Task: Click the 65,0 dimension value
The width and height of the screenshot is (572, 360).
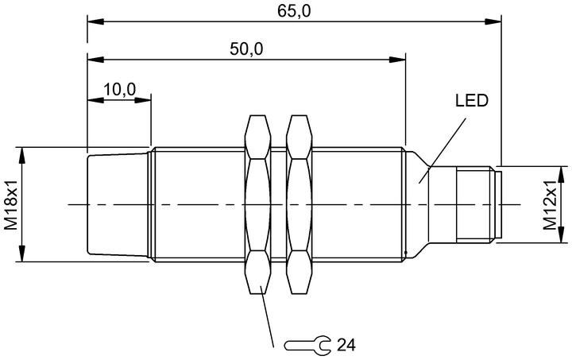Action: click(294, 11)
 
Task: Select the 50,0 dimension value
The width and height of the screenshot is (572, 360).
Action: click(246, 49)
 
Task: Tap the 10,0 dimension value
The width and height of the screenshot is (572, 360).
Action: click(120, 89)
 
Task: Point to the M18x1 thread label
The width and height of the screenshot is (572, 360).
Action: click(11, 204)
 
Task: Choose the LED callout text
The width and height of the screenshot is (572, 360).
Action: click(471, 101)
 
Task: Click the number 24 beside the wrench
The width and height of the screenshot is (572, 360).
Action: click(346, 345)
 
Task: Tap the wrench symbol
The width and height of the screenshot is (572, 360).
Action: click(307, 344)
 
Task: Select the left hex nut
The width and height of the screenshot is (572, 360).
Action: click(258, 204)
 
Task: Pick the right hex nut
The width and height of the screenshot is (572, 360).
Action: click(300, 204)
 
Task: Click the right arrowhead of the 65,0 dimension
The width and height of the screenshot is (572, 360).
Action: click(493, 21)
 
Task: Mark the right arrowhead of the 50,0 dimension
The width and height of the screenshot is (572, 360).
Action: click(397, 60)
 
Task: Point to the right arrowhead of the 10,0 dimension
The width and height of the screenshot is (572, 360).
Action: click(142, 99)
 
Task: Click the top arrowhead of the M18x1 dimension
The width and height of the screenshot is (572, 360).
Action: click(22, 156)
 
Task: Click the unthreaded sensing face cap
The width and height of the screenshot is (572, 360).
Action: click(118, 204)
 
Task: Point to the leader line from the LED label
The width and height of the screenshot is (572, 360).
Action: click(443, 150)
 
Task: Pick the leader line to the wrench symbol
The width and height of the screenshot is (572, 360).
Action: click(267, 315)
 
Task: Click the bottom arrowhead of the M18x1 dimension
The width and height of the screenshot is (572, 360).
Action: click(22, 253)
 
